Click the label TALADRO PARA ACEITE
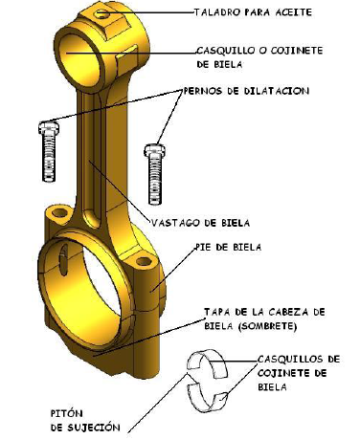pos(253,12)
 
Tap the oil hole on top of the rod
pos(102,14)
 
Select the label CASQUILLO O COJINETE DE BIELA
pos(259,57)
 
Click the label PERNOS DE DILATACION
pos(246,91)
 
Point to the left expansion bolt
pos(49,151)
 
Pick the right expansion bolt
pos(155,174)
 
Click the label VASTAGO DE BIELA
pos(200,223)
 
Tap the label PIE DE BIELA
pos(228,247)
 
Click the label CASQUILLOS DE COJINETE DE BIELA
pos(299,373)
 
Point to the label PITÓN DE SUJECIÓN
pos(85,421)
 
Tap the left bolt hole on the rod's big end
pos(59,212)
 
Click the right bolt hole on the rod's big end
pos(144,261)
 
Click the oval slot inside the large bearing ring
pos(64,260)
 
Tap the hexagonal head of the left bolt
pos(49,127)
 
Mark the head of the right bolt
pos(155,150)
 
